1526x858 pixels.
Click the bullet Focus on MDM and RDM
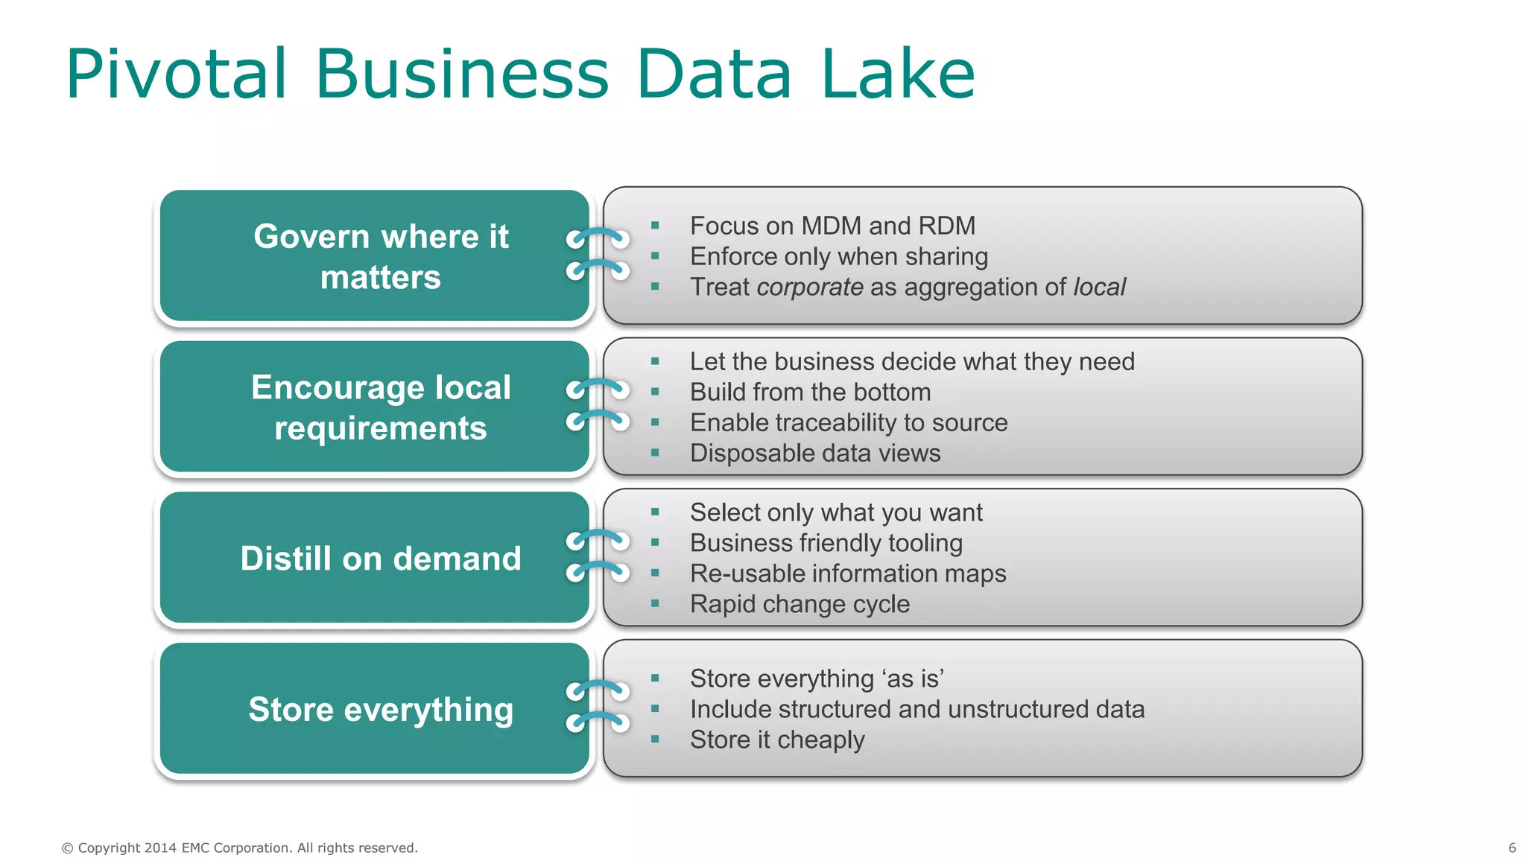[832, 226]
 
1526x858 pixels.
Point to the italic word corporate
[809, 287]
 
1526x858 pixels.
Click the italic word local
[1099, 287]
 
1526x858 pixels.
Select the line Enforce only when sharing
[838, 256]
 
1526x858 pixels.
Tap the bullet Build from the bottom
[810, 392]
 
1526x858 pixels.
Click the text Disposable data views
[814, 453]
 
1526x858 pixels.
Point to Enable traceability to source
[848, 422]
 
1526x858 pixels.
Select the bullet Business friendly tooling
[826, 543]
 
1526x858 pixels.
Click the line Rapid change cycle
[800, 604]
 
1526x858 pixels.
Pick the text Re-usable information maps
[847, 573]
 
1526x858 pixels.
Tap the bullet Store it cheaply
[777, 740]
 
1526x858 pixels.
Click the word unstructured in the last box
[1018, 709]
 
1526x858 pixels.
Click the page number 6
[1512, 848]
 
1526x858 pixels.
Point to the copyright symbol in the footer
[67, 848]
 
